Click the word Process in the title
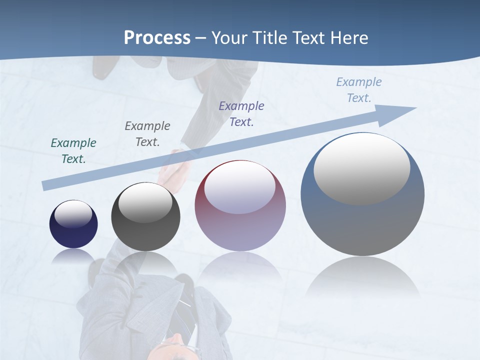point(157,38)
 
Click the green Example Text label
point(73,150)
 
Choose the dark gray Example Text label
point(147,133)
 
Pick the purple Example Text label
point(241,113)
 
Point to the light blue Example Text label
point(359,90)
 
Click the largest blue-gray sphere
point(362,220)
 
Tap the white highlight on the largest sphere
point(361,167)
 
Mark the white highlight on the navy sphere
point(73,214)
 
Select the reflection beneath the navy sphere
point(73,256)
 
